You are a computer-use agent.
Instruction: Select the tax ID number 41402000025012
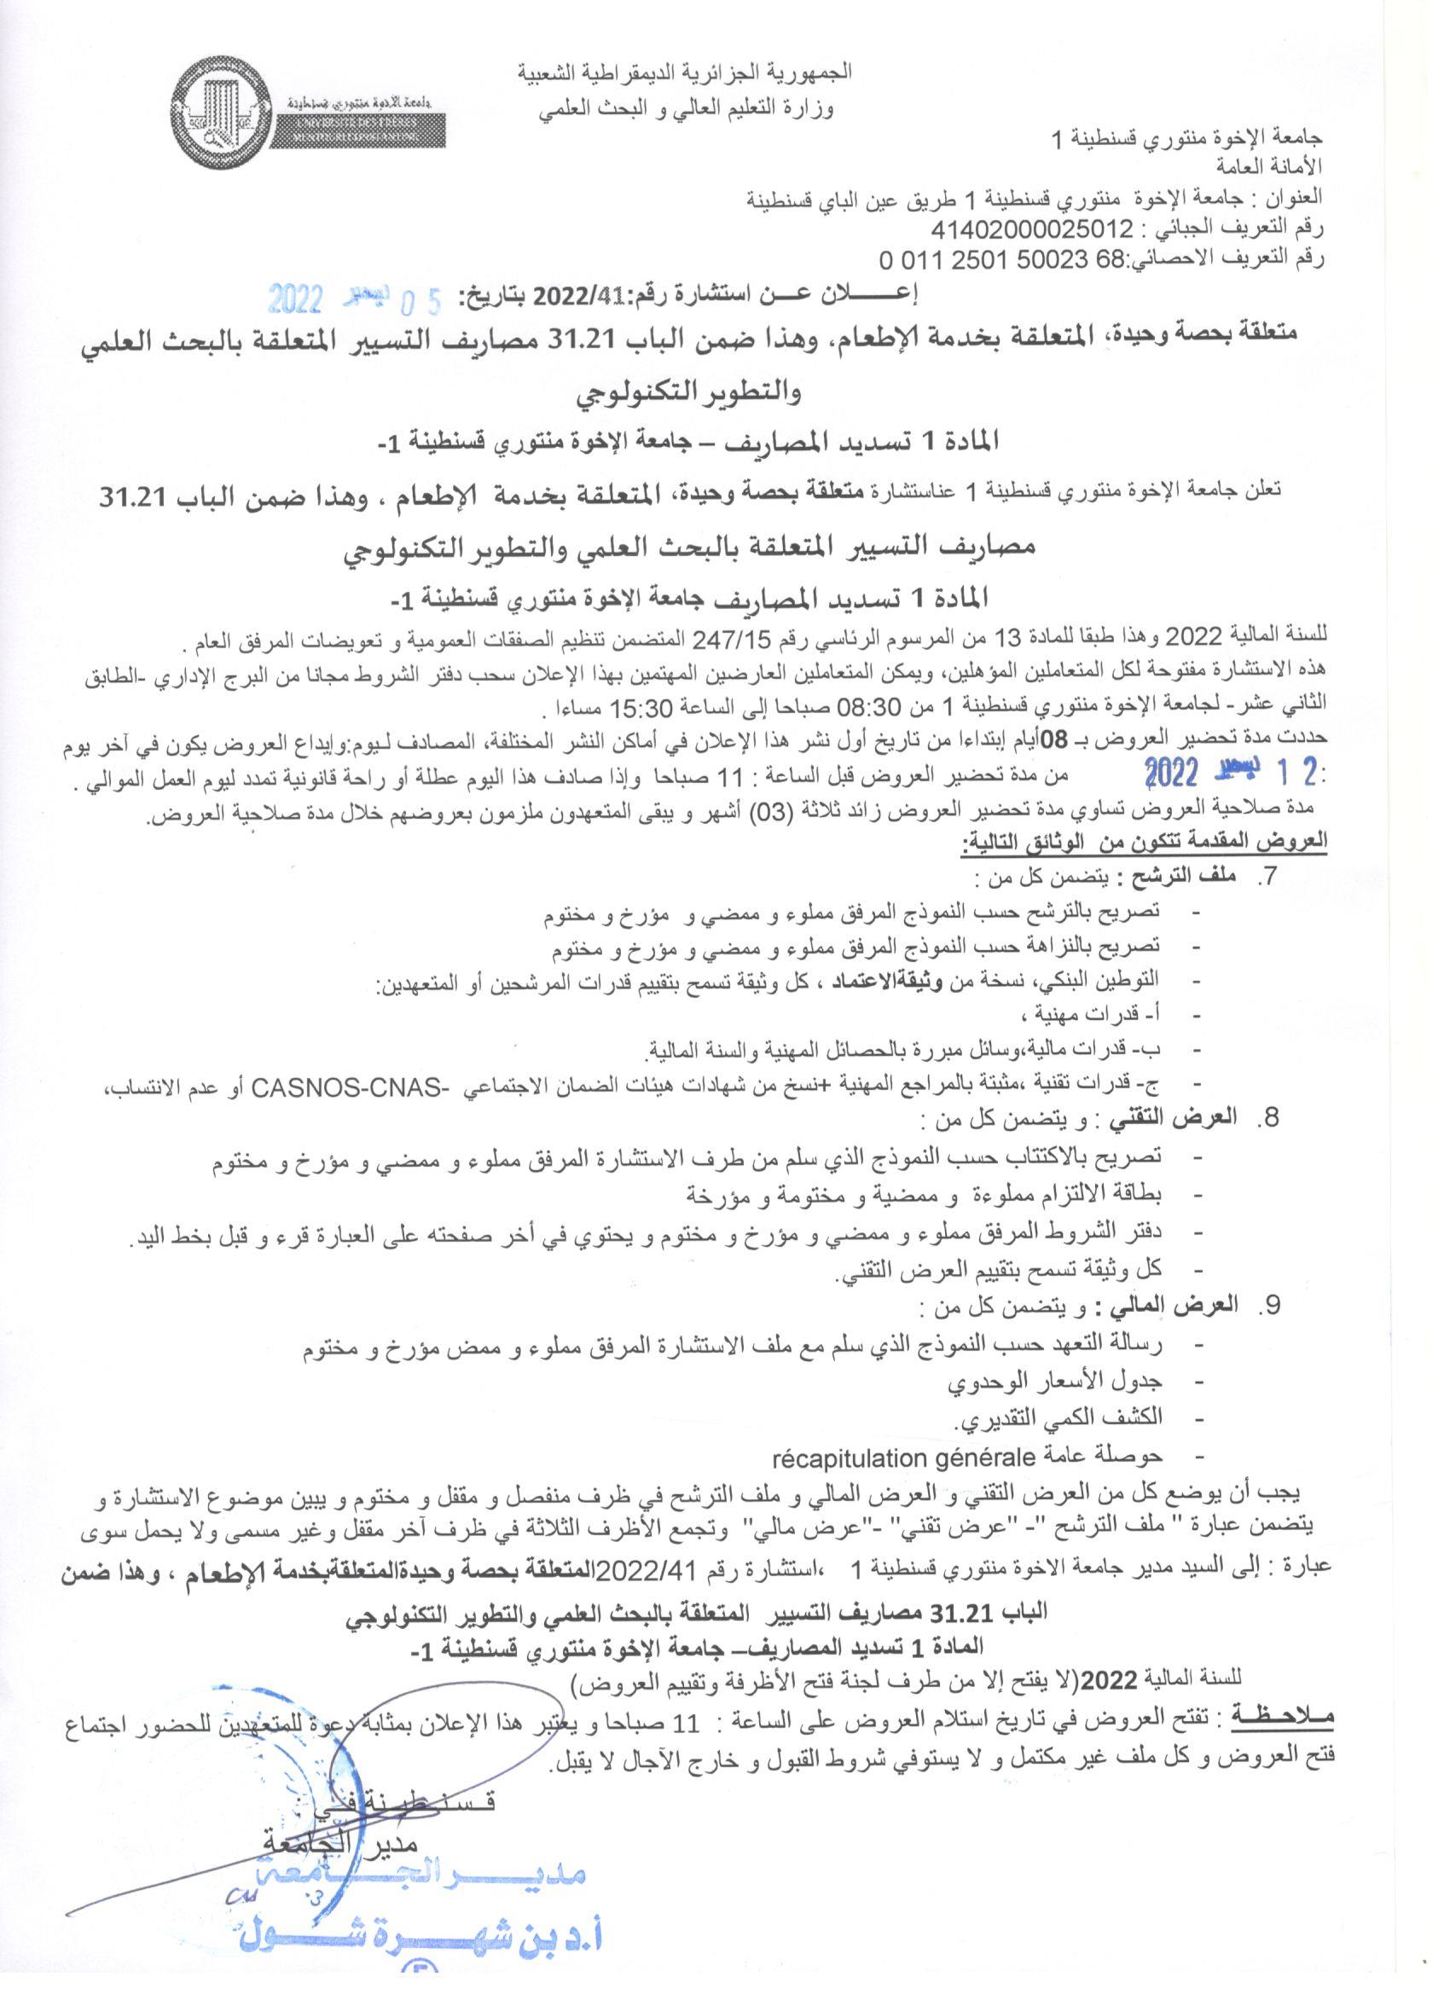1032,229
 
